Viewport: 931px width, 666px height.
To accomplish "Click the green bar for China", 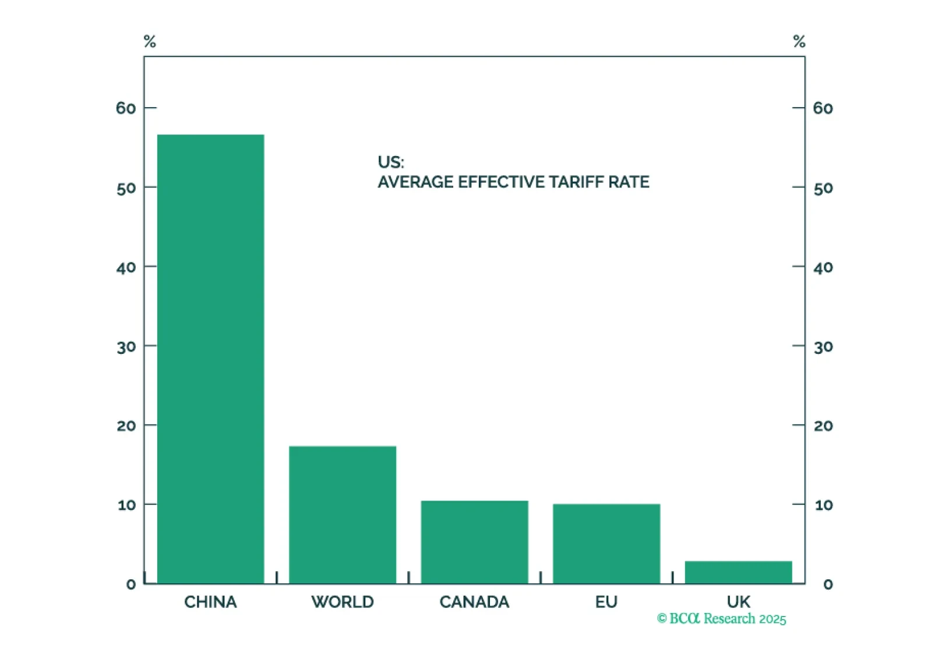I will point(210,359).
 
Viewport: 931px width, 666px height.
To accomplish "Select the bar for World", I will point(343,515).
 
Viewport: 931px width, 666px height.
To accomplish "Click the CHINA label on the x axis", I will point(210,602).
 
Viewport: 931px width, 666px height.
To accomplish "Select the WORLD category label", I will point(343,602).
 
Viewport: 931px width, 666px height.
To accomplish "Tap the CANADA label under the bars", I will point(474,602).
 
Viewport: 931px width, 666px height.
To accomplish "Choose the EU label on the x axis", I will point(606,602).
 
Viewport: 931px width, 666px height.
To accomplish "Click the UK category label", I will point(738,601).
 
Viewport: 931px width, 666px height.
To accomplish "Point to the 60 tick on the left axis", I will point(126,108).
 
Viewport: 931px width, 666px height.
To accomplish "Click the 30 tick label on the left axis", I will point(126,347).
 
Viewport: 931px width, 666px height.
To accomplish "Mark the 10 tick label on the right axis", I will point(823,505).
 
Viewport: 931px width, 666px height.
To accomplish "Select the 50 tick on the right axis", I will point(823,188).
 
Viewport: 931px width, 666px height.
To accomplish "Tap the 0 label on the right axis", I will point(827,584).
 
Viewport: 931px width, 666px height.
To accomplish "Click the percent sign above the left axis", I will point(150,41).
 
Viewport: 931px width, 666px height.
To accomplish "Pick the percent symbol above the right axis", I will point(799,41).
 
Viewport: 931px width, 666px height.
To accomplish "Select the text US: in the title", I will point(390,162).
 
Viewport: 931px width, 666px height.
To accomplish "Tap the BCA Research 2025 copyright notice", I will point(721,618).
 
